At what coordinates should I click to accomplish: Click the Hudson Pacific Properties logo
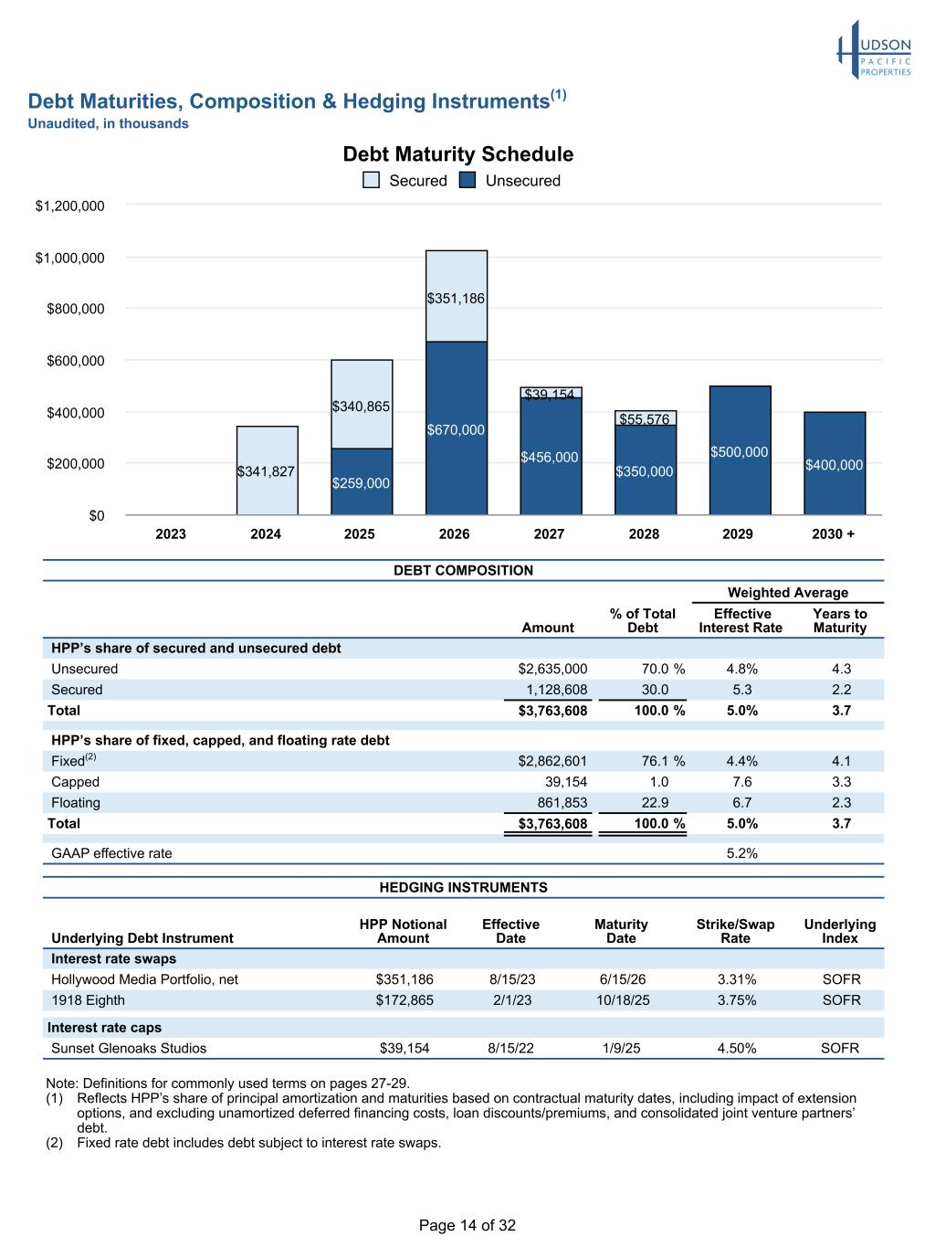click(873, 49)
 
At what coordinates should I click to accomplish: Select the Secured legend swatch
click(371, 180)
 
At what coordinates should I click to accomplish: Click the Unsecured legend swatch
click(467, 180)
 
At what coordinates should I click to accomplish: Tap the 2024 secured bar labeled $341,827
click(268, 470)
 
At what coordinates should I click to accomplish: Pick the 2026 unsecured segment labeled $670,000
click(457, 428)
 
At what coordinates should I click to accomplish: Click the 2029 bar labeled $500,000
click(741, 450)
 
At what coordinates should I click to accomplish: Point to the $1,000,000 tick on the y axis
click(69, 258)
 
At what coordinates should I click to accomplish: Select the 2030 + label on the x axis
click(833, 534)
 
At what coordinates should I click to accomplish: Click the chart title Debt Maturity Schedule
click(458, 154)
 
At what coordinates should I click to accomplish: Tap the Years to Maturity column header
click(840, 620)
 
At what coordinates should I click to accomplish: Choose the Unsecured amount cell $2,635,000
click(552, 669)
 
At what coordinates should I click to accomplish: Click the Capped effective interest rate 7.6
click(742, 782)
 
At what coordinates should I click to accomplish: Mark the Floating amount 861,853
click(562, 802)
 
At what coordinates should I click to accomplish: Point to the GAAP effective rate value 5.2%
click(742, 852)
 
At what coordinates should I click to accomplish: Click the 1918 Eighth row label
click(88, 999)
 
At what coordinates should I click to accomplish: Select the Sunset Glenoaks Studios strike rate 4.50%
click(736, 1048)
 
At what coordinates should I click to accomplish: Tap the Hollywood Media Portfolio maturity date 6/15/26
click(622, 979)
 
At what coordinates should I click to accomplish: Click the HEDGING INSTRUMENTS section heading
click(463, 887)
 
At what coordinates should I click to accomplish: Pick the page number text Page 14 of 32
click(467, 1225)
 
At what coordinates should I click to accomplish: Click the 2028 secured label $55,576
click(645, 419)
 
